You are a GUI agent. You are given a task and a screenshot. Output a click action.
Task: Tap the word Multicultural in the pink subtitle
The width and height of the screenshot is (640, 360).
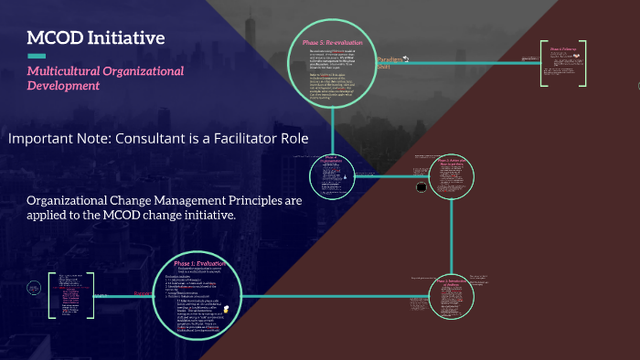click(66, 71)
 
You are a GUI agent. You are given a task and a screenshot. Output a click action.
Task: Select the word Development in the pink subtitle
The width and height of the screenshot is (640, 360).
click(63, 86)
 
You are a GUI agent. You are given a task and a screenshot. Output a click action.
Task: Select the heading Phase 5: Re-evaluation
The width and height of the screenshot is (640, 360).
click(332, 43)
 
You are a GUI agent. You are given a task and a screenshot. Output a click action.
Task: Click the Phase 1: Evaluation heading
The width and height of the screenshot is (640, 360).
click(198, 264)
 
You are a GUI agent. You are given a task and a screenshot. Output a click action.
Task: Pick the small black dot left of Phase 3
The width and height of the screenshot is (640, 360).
click(421, 187)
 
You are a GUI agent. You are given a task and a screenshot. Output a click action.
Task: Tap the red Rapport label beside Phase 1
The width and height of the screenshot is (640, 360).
click(144, 293)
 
